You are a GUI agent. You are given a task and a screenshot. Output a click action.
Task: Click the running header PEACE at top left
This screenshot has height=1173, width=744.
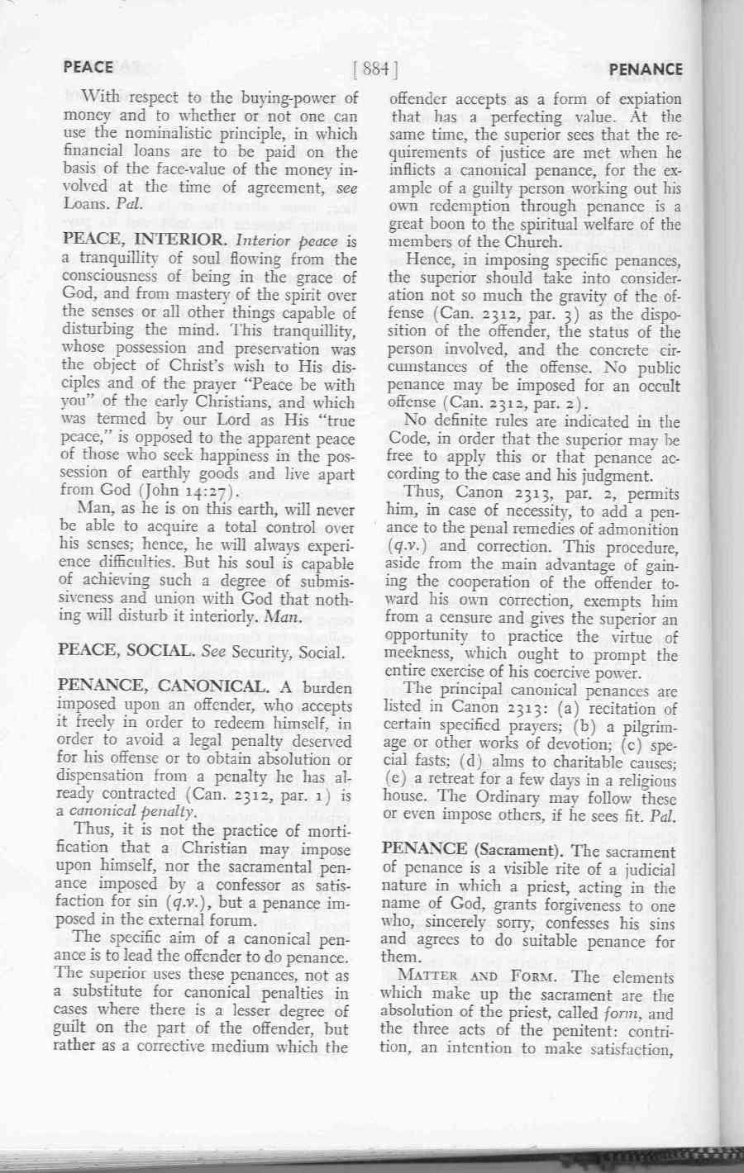tap(88, 67)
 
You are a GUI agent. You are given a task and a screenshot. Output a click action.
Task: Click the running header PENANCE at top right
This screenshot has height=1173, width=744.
tap(646, 69)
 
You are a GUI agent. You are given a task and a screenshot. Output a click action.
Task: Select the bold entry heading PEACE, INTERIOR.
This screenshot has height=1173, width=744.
tap(145, 241)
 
